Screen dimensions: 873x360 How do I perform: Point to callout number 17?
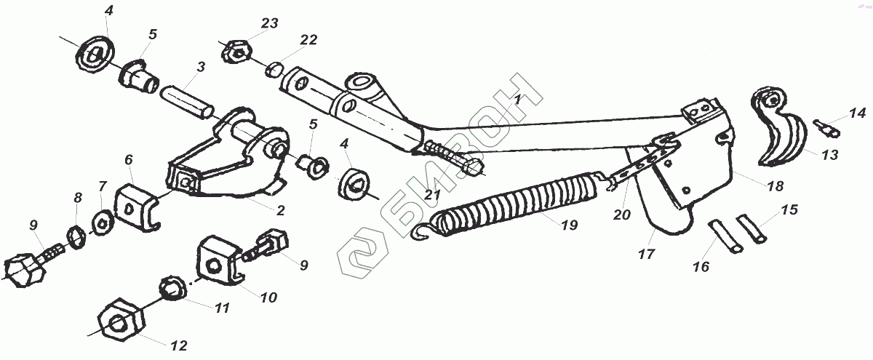[x=645, y=255]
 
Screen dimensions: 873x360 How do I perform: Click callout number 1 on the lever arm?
[x=517, y=100]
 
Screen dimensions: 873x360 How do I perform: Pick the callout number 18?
[x=775, y=186]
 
